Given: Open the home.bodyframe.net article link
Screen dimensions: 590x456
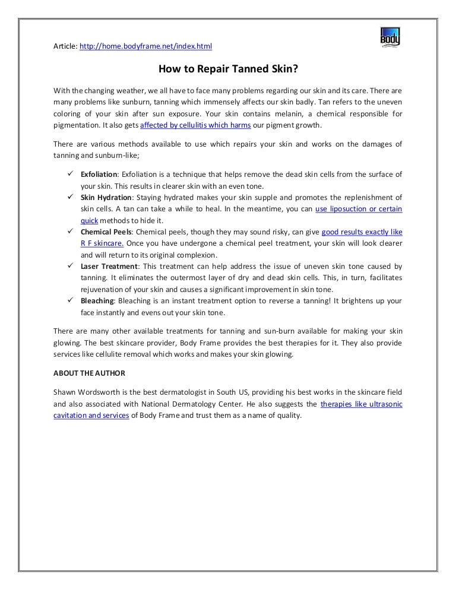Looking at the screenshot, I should (x=145, y=46).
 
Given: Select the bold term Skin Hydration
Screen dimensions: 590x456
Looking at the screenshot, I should (x=105, y=198).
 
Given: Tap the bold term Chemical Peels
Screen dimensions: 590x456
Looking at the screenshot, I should (x=106, y=232).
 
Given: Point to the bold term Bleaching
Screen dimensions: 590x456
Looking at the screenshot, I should (x=97, y=301).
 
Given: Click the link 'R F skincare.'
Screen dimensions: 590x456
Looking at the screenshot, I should (x=102, y=243).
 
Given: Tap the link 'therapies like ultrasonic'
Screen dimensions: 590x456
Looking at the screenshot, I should (x=361, y=404).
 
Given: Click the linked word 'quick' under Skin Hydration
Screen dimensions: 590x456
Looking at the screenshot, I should (x=89, y=220).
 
